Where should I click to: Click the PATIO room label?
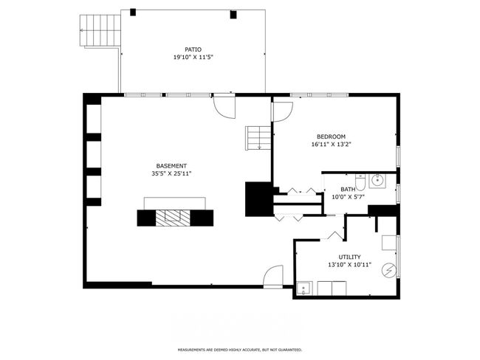pos(193,49)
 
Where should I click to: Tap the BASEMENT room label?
pos(171,166)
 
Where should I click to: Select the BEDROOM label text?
pos(331,136)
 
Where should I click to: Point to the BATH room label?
pos(348,190)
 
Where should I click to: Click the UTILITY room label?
pos(349,257)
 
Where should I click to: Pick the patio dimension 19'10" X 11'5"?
pos(193,58)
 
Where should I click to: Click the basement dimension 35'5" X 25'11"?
pos(171,174)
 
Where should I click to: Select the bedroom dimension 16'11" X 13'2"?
pos(331,145)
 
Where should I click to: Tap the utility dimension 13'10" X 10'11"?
pos(349,265)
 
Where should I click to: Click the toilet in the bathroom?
pos(360,182)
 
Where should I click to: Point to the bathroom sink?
pos(377,181)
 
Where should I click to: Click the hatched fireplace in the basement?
pos(173,218)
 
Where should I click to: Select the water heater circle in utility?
pos(389,271)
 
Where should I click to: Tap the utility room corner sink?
pos(304,288)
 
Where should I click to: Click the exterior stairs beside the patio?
pos(100,30)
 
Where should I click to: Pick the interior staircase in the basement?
pos(258,138)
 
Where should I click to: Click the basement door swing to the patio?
pos(224,107)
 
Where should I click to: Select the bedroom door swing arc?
pos(282,112)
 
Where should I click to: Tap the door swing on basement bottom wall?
pos(273,276)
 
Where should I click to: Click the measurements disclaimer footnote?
pos(240,350)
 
